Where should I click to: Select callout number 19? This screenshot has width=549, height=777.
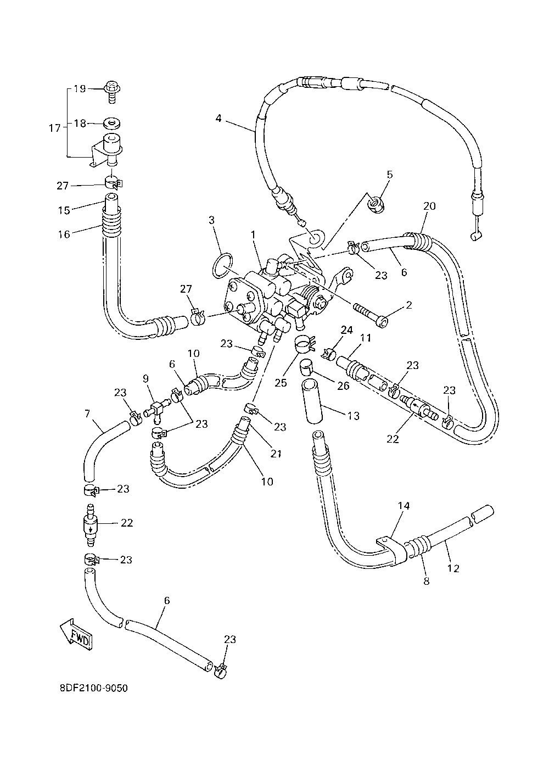point(80,89)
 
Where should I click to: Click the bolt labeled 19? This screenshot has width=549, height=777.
point(112,92)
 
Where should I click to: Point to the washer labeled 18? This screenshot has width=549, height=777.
point(111,124)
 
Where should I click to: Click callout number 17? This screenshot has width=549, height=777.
point(54,128)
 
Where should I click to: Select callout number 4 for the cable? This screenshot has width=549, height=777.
point(218,118)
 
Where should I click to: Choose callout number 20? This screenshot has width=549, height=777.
point(429,206)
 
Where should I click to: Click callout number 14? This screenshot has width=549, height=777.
point(404,506)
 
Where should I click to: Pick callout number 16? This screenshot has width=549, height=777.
point(64,234)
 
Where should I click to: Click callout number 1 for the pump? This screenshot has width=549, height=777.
point(253,235)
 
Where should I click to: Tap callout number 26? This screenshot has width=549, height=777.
point(343,385)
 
